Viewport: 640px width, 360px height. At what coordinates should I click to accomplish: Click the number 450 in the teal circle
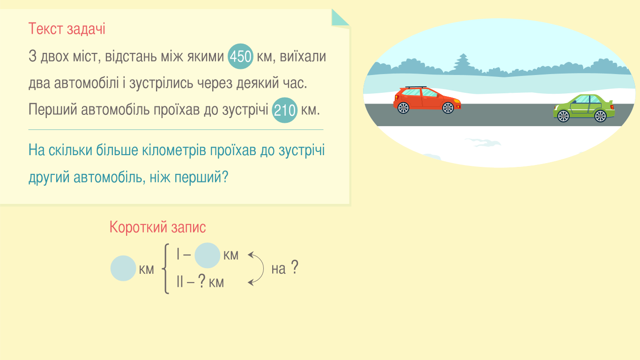tap(240, 56)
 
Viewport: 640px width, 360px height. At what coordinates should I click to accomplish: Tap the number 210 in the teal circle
tap(284, 110)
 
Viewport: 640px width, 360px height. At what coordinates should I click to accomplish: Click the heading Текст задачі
tap(67, 29)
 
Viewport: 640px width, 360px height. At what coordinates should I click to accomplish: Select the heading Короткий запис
tap(157, 227)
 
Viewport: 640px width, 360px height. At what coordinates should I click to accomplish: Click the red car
tap(427, 100)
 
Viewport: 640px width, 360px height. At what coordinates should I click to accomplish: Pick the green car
tap(584, 108)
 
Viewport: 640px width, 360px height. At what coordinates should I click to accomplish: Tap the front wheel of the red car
tap(448, 108)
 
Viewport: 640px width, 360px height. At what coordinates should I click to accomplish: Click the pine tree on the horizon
tap(463, 64)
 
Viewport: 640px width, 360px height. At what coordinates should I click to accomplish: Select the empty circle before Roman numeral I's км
tap(207, 255)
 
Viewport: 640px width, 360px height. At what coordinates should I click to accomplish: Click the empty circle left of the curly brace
tap(123, 268)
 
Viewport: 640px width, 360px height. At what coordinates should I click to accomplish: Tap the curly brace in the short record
tap(165, 269)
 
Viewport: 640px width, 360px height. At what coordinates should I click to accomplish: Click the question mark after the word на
tap(295, 267)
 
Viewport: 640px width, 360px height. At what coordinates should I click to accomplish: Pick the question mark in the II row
tap(202, 281)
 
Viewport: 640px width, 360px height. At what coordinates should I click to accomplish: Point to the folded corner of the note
tap(340, 18)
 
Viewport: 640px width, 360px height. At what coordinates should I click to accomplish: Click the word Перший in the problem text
tap(53, 110)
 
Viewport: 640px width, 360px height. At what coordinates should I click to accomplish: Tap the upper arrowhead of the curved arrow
tap(251, 254)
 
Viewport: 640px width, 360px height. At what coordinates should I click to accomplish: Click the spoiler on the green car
tap(610, 102)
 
